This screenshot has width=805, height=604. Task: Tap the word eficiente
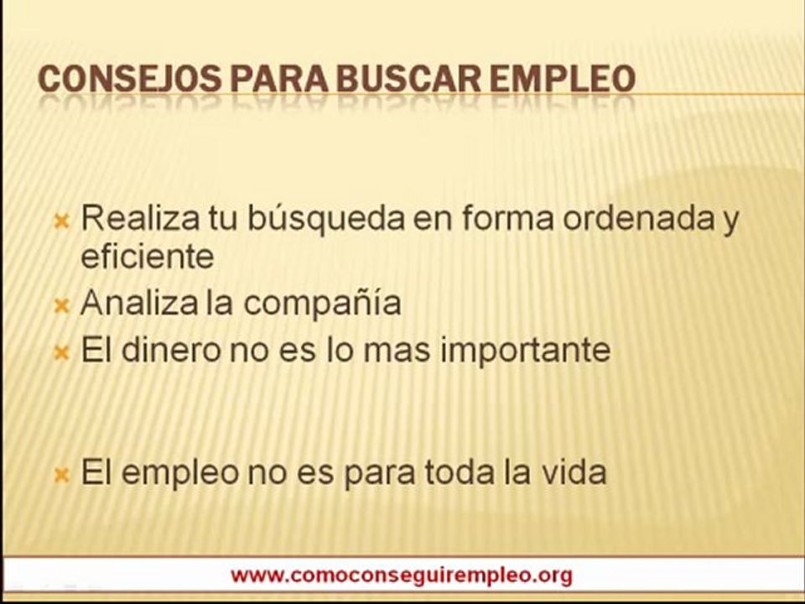(147, 256)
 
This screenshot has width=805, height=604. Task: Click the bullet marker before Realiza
(61, 222)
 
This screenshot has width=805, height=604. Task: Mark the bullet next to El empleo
(61, 476)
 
